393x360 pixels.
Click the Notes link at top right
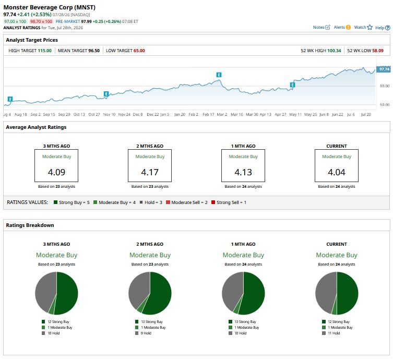tap(321, 27)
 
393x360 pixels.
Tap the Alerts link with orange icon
tap(342, 27)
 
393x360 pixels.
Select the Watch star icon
tap(370, 27)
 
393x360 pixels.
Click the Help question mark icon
tap(387, 28)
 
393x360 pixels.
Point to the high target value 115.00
tap(44, 51)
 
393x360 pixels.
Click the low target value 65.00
tap(139, 51)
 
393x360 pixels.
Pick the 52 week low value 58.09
tap(378, 51)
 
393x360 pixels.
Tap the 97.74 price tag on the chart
tap(384, 69)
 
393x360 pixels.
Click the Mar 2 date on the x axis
tap(222, 114)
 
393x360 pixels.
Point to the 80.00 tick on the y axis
tap(385, 86)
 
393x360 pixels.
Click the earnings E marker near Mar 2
tap(219, 75)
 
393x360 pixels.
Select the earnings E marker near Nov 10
tap(106, 94)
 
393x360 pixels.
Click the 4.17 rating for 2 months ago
tap(150, 172)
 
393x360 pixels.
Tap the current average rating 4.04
tap(337, 172)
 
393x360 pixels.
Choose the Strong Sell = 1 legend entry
tap(229, 202)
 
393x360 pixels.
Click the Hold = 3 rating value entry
tap(151, 202)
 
